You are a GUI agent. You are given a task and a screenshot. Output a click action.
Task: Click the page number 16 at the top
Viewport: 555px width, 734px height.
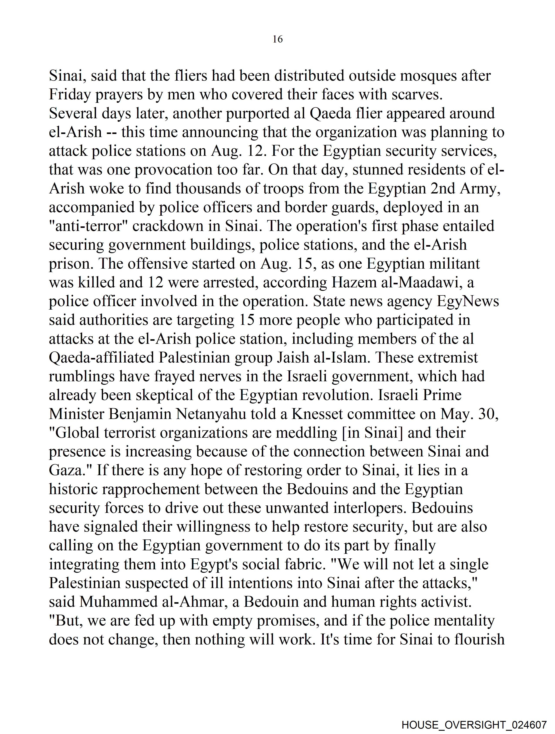pos(277,39)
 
